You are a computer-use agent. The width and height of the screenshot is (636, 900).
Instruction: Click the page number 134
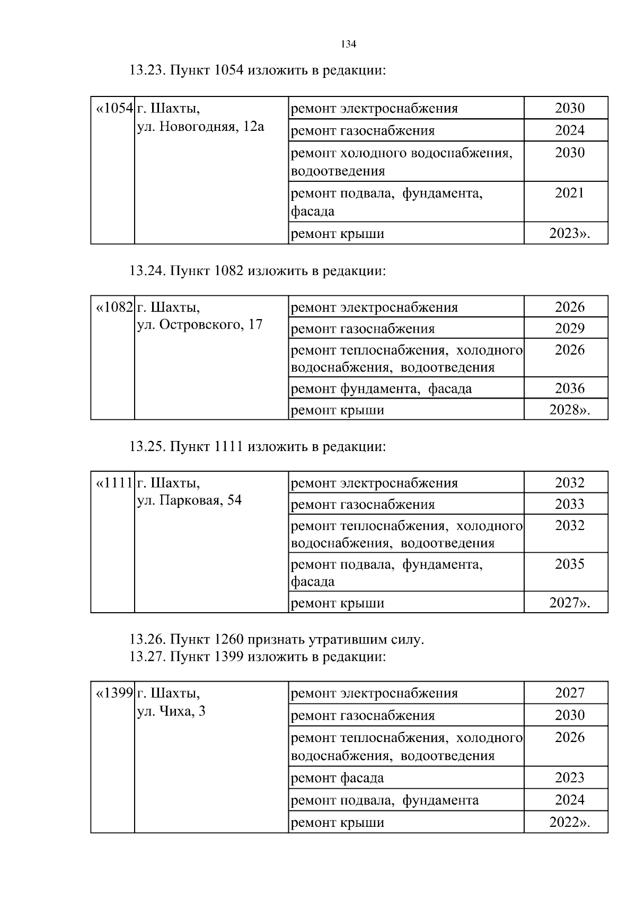click(x=348, y=45)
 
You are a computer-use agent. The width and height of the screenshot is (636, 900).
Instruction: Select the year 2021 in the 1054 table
click(x=570, y=193)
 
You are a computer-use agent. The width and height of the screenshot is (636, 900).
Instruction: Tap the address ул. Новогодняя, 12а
click(x=200, y=127)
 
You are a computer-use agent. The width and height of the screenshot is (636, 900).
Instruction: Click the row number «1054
click(x=113, y=109)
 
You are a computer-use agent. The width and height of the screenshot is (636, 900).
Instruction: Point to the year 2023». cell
click(x=570, y=233)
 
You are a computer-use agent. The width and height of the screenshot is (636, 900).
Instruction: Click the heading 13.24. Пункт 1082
click(x=258, y=271)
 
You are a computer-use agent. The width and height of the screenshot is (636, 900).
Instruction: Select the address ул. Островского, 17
click(x=200, y=324)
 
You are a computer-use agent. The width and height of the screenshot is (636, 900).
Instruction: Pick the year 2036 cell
click(x=570, y=389)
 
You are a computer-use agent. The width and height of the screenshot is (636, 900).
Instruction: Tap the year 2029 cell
click(x=570, y=329)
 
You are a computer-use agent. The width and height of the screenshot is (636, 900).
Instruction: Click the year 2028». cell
click(x=570, y=410)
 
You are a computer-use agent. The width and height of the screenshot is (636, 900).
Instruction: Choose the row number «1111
click(x=113, y=483)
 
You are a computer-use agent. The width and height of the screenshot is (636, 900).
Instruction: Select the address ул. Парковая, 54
click(x=189, y=500)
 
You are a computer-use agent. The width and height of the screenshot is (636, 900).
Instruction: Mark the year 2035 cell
click(x=570, y=564)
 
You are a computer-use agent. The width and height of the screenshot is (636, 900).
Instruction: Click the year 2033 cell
click(x=570, y=504)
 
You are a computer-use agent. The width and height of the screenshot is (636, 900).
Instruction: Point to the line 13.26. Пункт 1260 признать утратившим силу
click(x=277, y=640)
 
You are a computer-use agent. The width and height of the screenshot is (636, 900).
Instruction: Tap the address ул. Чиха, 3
click(x=171, y=711)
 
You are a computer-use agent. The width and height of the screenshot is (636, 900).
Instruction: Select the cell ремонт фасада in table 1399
click(x=338, y=778)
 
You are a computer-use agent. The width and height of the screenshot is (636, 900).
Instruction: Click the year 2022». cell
click(x=570, y=823)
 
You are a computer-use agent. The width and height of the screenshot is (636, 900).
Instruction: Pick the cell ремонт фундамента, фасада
click(x=382, y=389)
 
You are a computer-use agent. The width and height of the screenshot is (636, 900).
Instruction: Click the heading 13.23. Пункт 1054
click(x=258, y=70)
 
